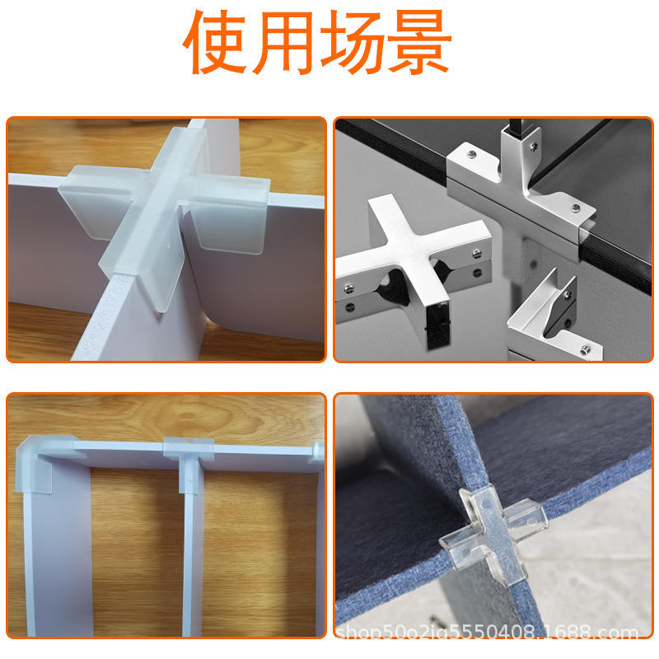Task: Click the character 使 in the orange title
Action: click(x=215, y=42)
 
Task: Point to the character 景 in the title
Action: click(x=419, y=42)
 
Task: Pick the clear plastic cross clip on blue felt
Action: click(x=493, y=534)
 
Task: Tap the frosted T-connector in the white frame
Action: click(x=189, y=458)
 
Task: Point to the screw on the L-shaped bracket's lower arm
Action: click(x=585, y=348)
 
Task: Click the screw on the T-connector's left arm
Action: click(x=472, y=154)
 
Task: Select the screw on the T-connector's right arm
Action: click(x=575, y=208)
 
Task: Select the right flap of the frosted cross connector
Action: click(x=229, y=214)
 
